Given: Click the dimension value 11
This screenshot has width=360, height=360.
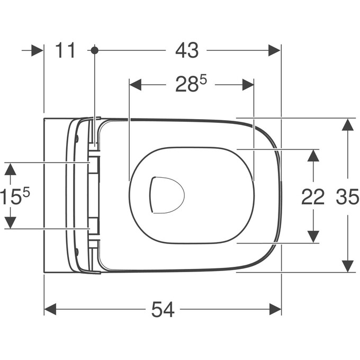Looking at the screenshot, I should (66, 51).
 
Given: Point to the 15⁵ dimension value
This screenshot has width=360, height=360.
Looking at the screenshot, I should (14, 196).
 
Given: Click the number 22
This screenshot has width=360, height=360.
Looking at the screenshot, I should (313, 197).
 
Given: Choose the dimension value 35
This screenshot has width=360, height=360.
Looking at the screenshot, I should (347, 197).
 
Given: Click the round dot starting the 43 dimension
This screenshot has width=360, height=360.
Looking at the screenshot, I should (94, 50).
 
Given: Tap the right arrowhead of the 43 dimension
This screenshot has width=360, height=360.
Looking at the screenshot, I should (274, 50).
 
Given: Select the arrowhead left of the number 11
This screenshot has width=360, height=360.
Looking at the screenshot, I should (37, 50).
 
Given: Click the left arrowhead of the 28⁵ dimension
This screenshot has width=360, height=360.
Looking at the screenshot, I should (136, 84).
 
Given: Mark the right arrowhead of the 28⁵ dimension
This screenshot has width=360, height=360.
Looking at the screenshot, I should (248, 84).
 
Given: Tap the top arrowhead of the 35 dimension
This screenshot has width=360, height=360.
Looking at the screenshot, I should (347, 124).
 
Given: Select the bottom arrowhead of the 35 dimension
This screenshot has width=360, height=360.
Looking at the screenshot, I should (347, 266).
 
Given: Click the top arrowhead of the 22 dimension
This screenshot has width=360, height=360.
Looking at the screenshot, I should (313, 156).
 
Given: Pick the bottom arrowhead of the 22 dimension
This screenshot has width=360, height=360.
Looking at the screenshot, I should (313, 237).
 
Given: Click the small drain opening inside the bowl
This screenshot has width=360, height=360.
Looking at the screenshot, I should (166, 194).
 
